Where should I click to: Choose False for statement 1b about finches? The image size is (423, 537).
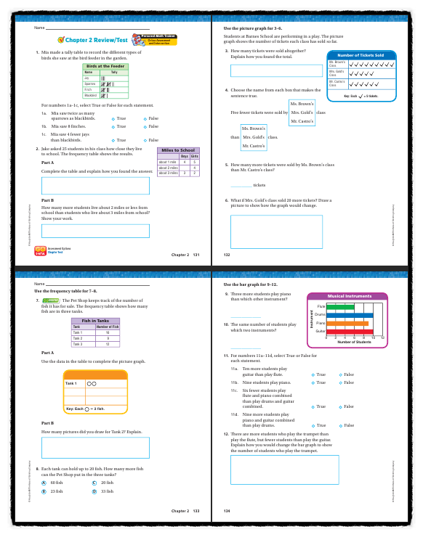(x=145, y=126)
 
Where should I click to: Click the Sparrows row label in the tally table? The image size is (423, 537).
(x=91, y=83)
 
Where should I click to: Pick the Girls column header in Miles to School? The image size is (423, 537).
(x=194, y=156)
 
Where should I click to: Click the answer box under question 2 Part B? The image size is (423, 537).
(x=95, y=231)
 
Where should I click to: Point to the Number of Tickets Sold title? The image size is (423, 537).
(x=361, y=55)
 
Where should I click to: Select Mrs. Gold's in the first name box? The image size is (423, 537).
(x=302, y=112)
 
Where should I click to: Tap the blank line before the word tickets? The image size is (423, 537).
(x=241, y=184)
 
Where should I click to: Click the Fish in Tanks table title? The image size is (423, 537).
(x=95, y=320)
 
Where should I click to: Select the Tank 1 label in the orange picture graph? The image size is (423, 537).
(x=71, y=383)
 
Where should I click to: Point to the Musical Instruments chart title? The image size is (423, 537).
(x=345, y=296)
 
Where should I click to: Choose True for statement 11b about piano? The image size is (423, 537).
(x=313, y=382)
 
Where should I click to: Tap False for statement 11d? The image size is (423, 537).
(x=339, y=425)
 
